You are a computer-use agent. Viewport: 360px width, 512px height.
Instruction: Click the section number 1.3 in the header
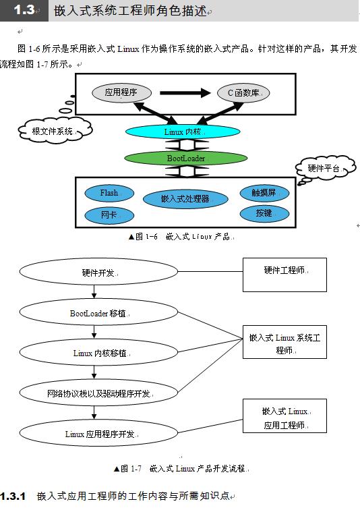[24, 10]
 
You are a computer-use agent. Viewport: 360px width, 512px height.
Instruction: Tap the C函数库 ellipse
[243, 92]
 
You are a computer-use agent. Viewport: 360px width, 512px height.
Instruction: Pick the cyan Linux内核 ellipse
[182, 132]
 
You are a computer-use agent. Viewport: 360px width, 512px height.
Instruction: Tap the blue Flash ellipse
[109, 193]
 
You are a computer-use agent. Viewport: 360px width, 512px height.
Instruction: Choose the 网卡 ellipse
[109, 215]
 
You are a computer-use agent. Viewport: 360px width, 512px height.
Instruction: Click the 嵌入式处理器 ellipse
[185, 199]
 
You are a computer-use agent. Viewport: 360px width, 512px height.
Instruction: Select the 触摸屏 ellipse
[264, 193]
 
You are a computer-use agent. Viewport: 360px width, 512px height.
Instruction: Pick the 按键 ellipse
[264, 213]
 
